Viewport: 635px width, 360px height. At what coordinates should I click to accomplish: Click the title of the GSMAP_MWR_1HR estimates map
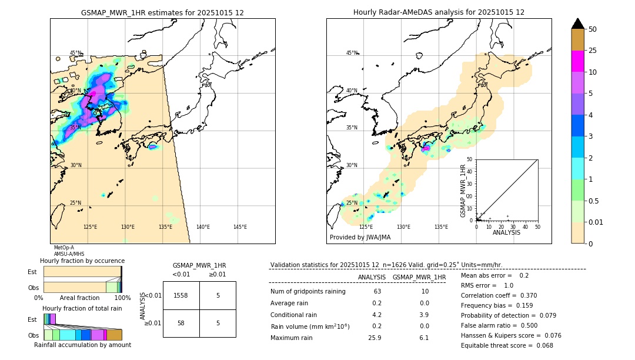162,12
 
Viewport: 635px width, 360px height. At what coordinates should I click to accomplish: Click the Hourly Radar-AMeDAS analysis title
439,12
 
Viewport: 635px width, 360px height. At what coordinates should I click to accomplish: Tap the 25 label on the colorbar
593,51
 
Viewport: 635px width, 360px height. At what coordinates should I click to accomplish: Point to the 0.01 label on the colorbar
596,222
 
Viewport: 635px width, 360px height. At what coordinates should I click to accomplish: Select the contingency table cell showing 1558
181,295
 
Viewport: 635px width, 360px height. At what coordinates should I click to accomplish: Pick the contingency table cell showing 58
181,323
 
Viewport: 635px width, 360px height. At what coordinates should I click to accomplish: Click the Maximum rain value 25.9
376,338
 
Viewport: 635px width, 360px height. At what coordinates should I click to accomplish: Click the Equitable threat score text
507,345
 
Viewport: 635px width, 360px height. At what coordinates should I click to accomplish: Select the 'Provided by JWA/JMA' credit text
360,237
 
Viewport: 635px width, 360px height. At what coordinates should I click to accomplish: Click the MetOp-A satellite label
64,248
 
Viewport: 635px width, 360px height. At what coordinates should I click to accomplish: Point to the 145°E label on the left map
240,227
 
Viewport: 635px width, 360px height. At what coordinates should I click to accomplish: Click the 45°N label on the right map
352,53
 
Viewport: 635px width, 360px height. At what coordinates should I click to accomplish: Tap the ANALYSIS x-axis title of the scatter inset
506,232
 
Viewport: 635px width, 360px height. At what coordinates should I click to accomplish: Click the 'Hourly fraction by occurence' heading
82,261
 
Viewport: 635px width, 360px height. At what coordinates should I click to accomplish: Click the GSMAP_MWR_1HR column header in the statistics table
419,277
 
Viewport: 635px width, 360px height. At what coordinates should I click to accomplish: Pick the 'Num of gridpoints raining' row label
308,291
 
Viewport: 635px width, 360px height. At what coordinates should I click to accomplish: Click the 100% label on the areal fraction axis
122,298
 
